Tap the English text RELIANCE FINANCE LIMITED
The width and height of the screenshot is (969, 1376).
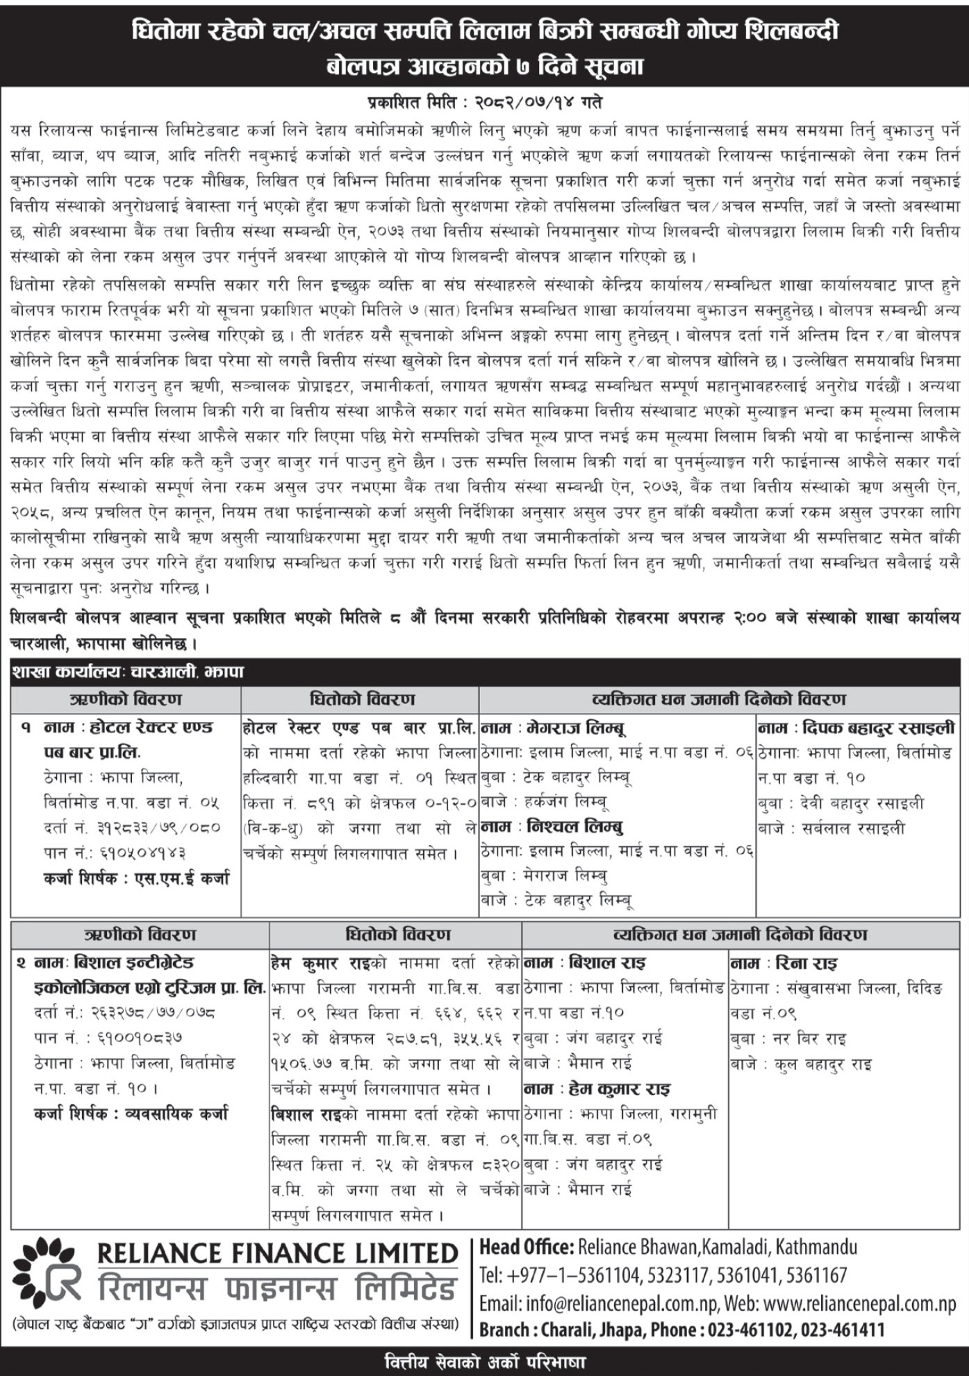coord(277,1254)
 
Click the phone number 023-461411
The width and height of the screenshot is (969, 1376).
coord(843,1330)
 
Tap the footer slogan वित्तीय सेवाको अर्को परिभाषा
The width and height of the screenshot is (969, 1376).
coord(484,1361)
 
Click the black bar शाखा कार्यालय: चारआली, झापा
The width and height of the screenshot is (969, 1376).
coord(128,672)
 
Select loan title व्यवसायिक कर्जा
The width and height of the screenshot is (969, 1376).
coord(176,1114)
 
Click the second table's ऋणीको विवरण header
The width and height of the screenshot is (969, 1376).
coord(140,934)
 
